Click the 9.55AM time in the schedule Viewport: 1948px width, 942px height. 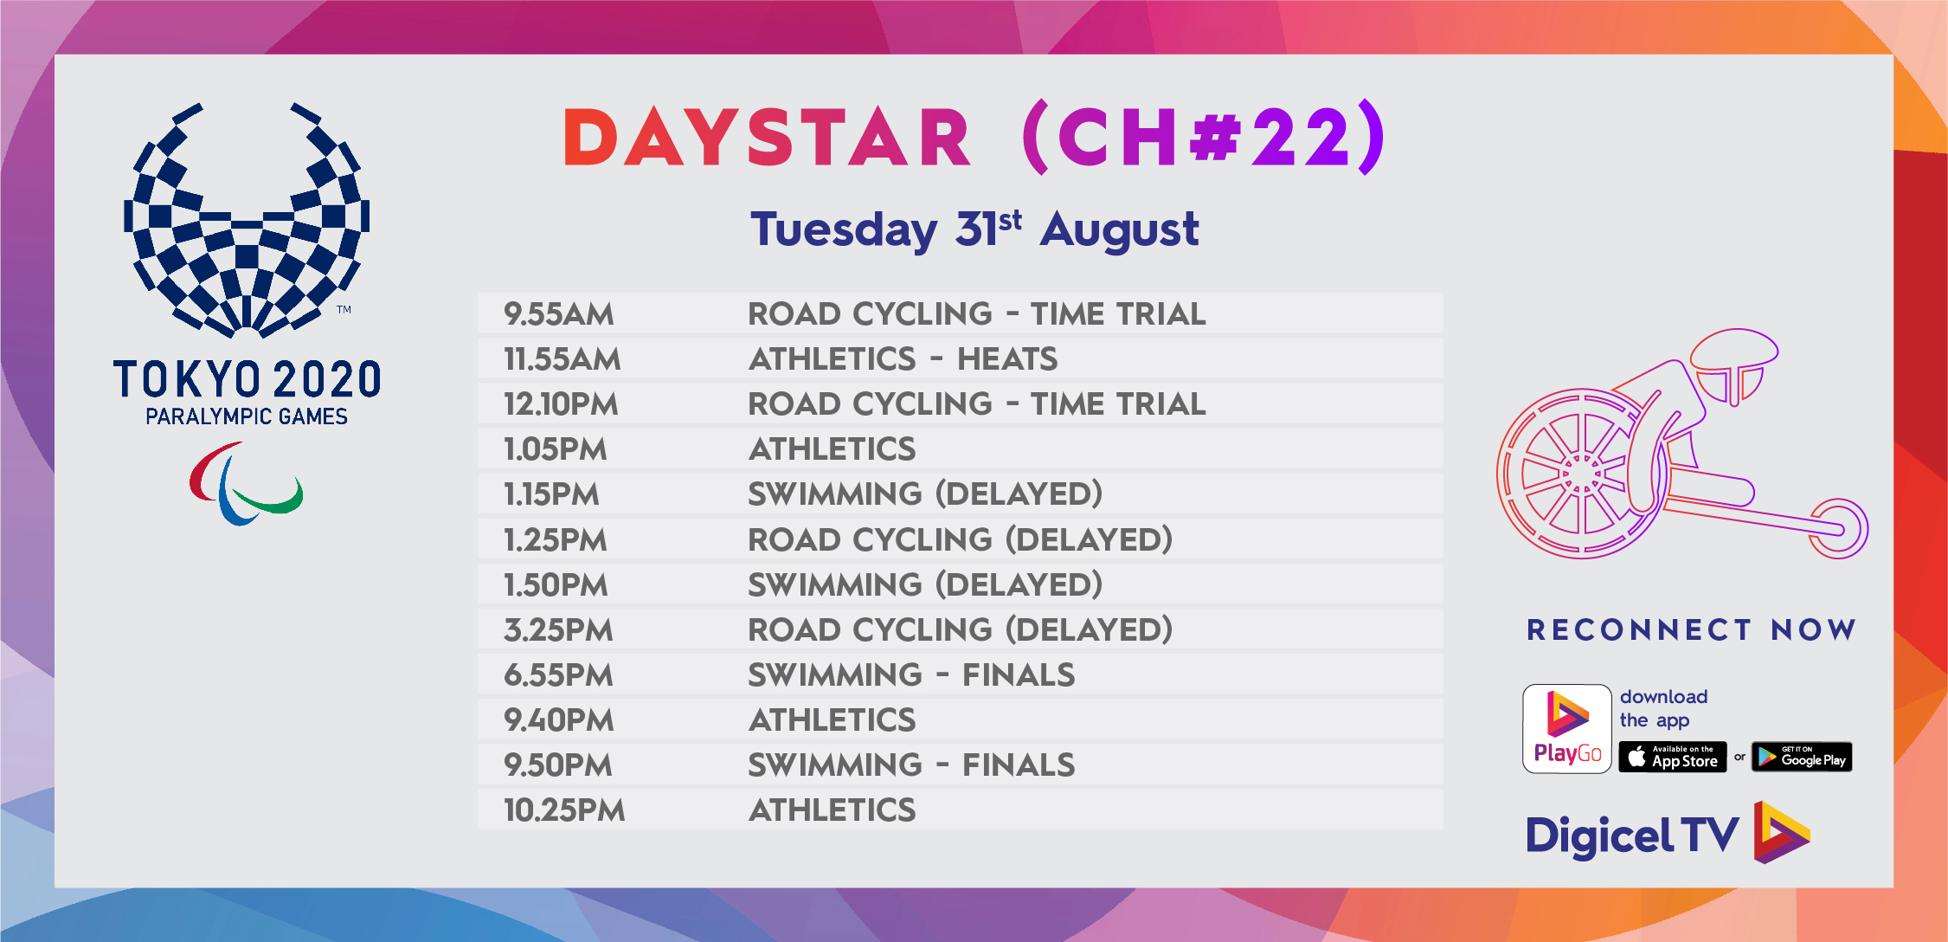coord(559,313)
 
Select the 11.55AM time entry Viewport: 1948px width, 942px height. coord(563,358)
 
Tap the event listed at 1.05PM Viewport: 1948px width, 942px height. coord(832,448)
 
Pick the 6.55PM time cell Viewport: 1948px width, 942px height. coord(559,674)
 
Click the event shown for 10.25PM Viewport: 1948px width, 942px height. coord(832,810)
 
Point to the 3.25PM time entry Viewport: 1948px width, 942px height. coord(559,629)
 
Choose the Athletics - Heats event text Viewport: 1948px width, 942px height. coord(903,358)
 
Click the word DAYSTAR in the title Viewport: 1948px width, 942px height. coord(767,138)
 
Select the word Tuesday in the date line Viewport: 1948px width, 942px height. coord(844,230)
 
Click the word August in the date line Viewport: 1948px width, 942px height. coord(1120,230)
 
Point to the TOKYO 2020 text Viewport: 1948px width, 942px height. coord(247,380)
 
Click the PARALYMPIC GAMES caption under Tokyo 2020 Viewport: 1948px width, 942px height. coord(247,417)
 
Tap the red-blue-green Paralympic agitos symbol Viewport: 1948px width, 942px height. coord(246,483)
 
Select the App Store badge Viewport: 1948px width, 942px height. coord(1672,757)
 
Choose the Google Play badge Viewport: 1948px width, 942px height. coord(1802,757)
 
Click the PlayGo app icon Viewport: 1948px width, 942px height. coord(1567,729)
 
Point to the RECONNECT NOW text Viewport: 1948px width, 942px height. coord(1692,629)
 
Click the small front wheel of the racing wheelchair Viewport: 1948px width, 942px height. coord(1839,528)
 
